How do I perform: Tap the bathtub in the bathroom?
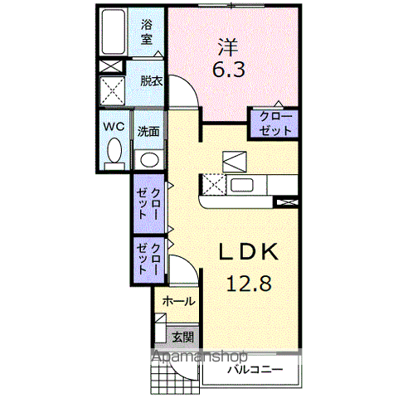113,32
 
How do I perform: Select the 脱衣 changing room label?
152,81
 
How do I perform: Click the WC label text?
114,127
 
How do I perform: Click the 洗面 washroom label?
148,132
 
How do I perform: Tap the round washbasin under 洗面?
149,160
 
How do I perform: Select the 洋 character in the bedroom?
228,47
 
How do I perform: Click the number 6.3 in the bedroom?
229,70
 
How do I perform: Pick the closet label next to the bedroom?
275,124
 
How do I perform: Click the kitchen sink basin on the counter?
242,185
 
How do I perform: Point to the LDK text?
248,251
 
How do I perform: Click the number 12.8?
249,283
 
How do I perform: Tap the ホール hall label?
178,301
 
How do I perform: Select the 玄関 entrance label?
183,337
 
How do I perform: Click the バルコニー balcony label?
255,369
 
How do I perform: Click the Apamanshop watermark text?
200,357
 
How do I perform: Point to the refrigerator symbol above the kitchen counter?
235,162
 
